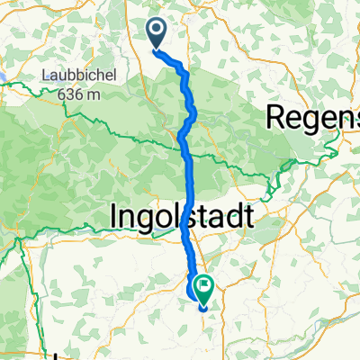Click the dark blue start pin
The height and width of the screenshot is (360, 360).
(156, 34)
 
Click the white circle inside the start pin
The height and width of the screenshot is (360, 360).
(156, 31)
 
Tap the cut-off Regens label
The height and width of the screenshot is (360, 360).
(314, 117)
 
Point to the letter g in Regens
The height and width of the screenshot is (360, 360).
(314, 120)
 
